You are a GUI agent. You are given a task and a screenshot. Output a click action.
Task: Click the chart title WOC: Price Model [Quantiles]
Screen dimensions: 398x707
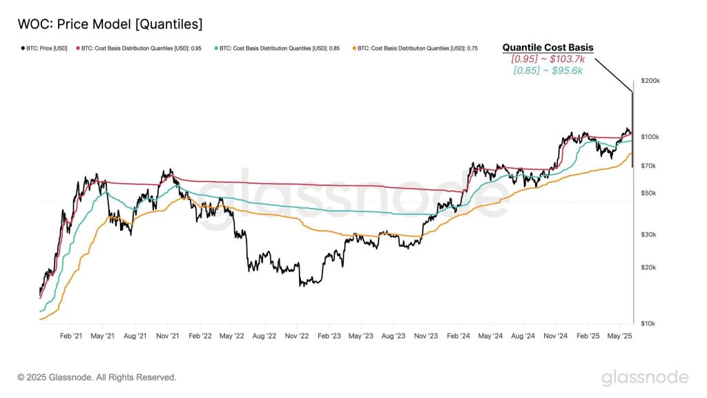coord(110,24)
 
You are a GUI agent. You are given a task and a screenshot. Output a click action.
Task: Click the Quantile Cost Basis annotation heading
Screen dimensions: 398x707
coord(548,48)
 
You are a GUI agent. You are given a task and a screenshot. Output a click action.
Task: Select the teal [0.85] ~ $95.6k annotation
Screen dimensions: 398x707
coord(548,70)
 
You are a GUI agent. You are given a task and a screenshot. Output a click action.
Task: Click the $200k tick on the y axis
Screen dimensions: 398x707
coord(650,81)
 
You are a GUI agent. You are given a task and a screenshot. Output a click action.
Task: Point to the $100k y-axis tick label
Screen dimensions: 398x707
coord(650,137)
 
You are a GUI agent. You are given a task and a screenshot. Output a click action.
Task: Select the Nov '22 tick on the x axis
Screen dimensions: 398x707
coord(296,336)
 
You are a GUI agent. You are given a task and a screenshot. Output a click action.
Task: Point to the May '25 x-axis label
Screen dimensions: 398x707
coord(619,336)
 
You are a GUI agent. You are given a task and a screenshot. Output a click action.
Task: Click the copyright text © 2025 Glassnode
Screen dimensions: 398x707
coord(97,377)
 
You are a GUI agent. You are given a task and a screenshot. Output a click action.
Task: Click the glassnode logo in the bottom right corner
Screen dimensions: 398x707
coord(644,377)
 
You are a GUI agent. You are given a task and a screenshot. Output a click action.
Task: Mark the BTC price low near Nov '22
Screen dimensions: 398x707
coord(301,285)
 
